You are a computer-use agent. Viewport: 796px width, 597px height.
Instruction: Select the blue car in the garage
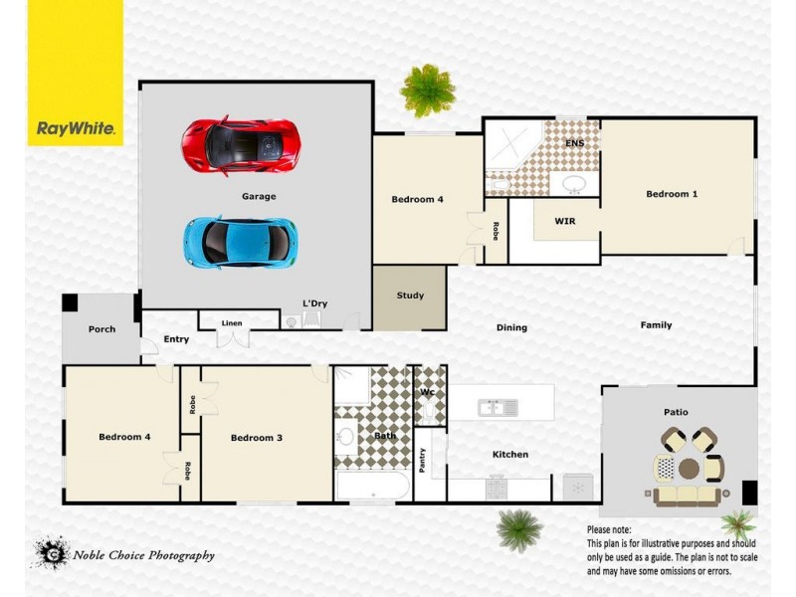coord(240,239)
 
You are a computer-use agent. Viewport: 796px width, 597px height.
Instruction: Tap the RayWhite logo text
coord(76,128)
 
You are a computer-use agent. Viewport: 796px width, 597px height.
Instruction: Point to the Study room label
coord(410,296)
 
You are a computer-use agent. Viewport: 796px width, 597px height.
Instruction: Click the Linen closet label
coord(232,323)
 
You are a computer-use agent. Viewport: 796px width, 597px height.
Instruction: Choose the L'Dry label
coord(314,303)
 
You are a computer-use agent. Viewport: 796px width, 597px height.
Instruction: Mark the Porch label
coord(101,329)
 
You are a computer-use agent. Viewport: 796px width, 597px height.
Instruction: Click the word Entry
coord(176,340)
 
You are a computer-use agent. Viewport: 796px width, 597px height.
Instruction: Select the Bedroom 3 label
coord(258,438)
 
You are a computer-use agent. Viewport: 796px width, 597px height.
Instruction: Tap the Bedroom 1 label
coord(672,194)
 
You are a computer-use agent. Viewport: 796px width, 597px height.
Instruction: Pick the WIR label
coord(565,220)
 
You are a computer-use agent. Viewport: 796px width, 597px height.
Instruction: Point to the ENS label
coord(574,143)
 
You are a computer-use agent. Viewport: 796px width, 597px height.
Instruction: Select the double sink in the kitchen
coord(497,407)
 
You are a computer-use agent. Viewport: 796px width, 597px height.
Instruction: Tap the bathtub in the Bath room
coord(371,487)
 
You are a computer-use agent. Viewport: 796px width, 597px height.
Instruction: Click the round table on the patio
coord(689,468)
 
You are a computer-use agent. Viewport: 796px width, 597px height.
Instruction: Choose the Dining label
coord(511,327)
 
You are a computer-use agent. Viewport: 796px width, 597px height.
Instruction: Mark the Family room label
coord(656,325)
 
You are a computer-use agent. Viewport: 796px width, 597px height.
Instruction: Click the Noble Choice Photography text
coord(143,556)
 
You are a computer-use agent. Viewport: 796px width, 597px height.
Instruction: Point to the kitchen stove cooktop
coord(497,489)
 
